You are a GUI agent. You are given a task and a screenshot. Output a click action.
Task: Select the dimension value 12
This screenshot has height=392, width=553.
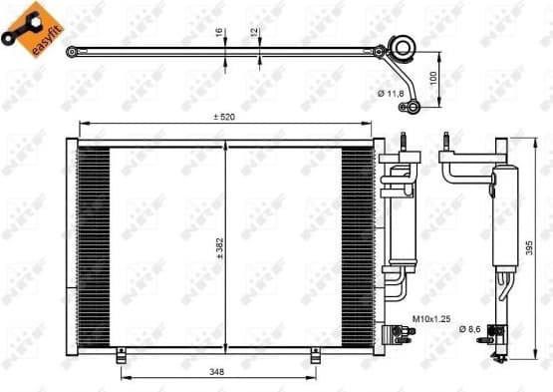tap(256, 32)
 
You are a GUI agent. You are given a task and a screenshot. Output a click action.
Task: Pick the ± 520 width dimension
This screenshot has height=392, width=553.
tap(224, 117)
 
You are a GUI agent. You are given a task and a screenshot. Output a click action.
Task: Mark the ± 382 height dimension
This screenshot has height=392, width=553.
tap(220, 246)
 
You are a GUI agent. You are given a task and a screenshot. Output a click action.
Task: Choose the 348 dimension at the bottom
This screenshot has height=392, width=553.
tap(216, 371)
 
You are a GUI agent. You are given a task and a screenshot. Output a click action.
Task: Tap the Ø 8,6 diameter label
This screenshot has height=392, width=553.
tap(471, 328)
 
